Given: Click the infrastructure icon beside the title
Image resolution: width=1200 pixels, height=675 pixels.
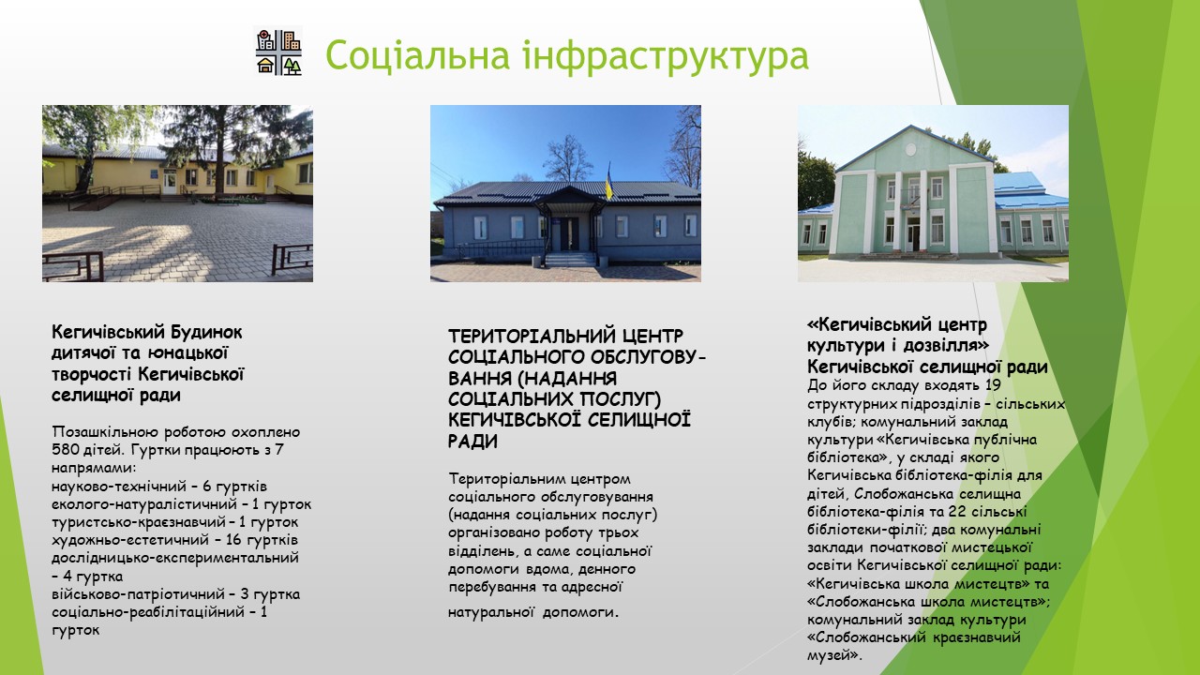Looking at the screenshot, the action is [x=278, y=52].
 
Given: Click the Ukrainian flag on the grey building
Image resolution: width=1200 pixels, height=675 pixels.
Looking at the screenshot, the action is [x=608, y=182].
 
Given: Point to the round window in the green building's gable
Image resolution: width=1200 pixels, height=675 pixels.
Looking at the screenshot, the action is [x=910, y=149].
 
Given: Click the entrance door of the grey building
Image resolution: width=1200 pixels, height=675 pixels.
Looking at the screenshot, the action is [x=569, y=233].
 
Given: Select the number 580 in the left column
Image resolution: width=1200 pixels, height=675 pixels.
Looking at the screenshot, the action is [x=65, y=449].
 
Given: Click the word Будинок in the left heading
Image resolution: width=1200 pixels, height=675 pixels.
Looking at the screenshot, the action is [x=207, y=333].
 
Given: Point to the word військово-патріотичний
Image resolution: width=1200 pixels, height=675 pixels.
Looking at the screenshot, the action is [x=138, y=594].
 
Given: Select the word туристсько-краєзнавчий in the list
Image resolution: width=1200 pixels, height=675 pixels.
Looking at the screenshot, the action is [x=139, y=522].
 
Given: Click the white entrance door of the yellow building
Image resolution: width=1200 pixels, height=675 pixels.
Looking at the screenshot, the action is [x=170, y=182].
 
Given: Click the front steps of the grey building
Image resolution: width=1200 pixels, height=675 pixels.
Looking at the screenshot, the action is [x=570, y=260].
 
